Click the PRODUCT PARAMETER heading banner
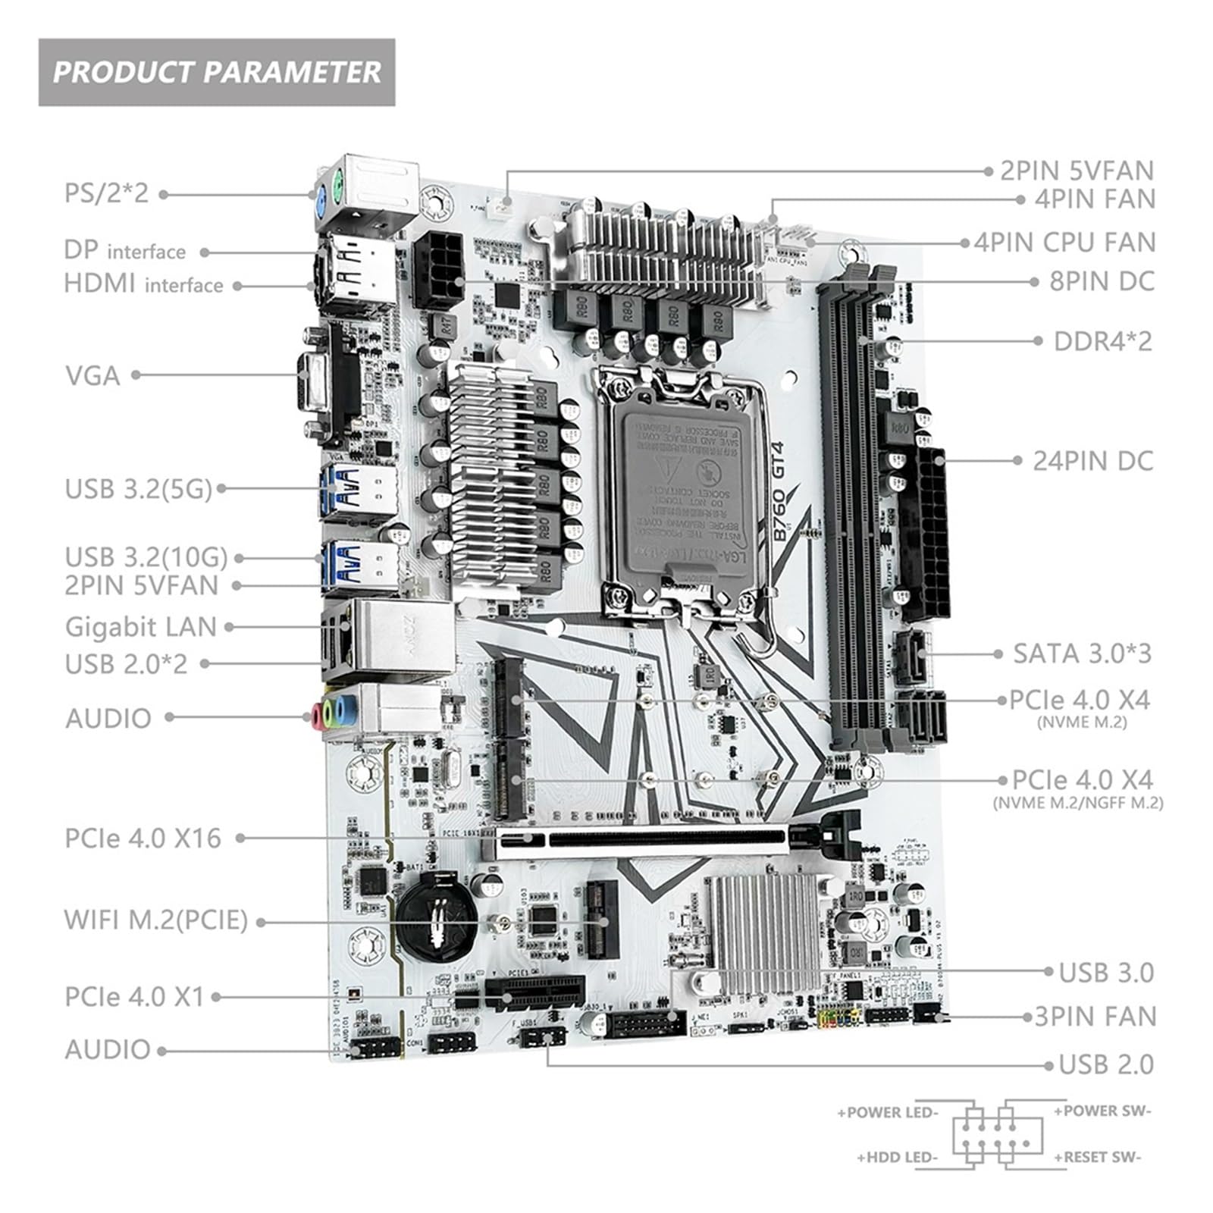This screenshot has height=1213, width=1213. [x=217, y=72]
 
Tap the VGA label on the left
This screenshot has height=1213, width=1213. [x=92, y=375]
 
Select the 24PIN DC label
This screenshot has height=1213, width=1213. [x=1092, y=461]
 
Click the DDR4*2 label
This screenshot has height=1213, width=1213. [x=1102, y=341]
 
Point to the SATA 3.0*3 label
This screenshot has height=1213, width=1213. [x=1082, y=654]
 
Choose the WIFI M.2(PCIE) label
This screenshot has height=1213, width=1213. [x=156, y=920]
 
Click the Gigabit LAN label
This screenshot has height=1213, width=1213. [x=141, y=627]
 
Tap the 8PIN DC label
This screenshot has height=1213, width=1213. [x=1102, y=281]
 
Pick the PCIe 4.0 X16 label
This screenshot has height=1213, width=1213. [x=143, y=838]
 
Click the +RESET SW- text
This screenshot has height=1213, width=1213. [x=1097, y=1157]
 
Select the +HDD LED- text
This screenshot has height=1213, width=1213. [x=898, y=1158]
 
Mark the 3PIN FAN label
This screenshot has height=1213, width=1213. [x=1095, y=1017]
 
